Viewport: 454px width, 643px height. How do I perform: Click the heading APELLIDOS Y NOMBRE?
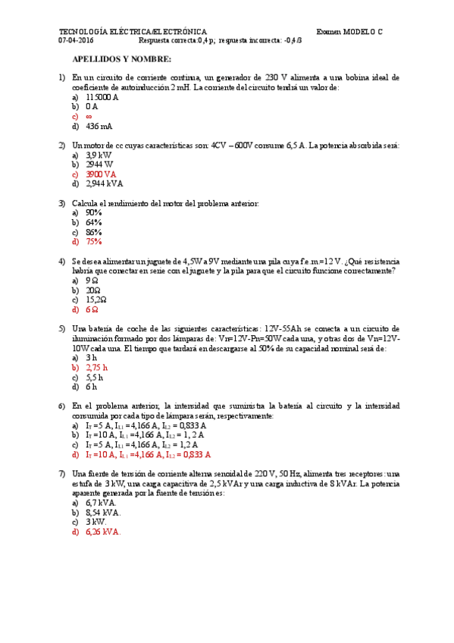(117, 58)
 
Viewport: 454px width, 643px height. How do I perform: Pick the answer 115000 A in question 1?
(102, 98)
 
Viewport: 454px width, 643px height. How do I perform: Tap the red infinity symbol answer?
(89, 117)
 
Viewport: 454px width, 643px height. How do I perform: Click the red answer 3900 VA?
(102, 174)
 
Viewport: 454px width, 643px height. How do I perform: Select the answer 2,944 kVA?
(105, 183)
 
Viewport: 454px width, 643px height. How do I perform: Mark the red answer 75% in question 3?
(94, 242)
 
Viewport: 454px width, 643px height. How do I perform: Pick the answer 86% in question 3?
(94, 232)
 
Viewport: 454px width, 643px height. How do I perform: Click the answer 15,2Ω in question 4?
(96, 300)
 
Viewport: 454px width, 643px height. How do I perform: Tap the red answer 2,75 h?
(97, 367)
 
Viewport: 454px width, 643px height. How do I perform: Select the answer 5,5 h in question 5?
(95, 377)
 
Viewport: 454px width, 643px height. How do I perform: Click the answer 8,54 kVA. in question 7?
(103, 512)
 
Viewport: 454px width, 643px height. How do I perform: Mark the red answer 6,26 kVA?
(103, 532)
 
